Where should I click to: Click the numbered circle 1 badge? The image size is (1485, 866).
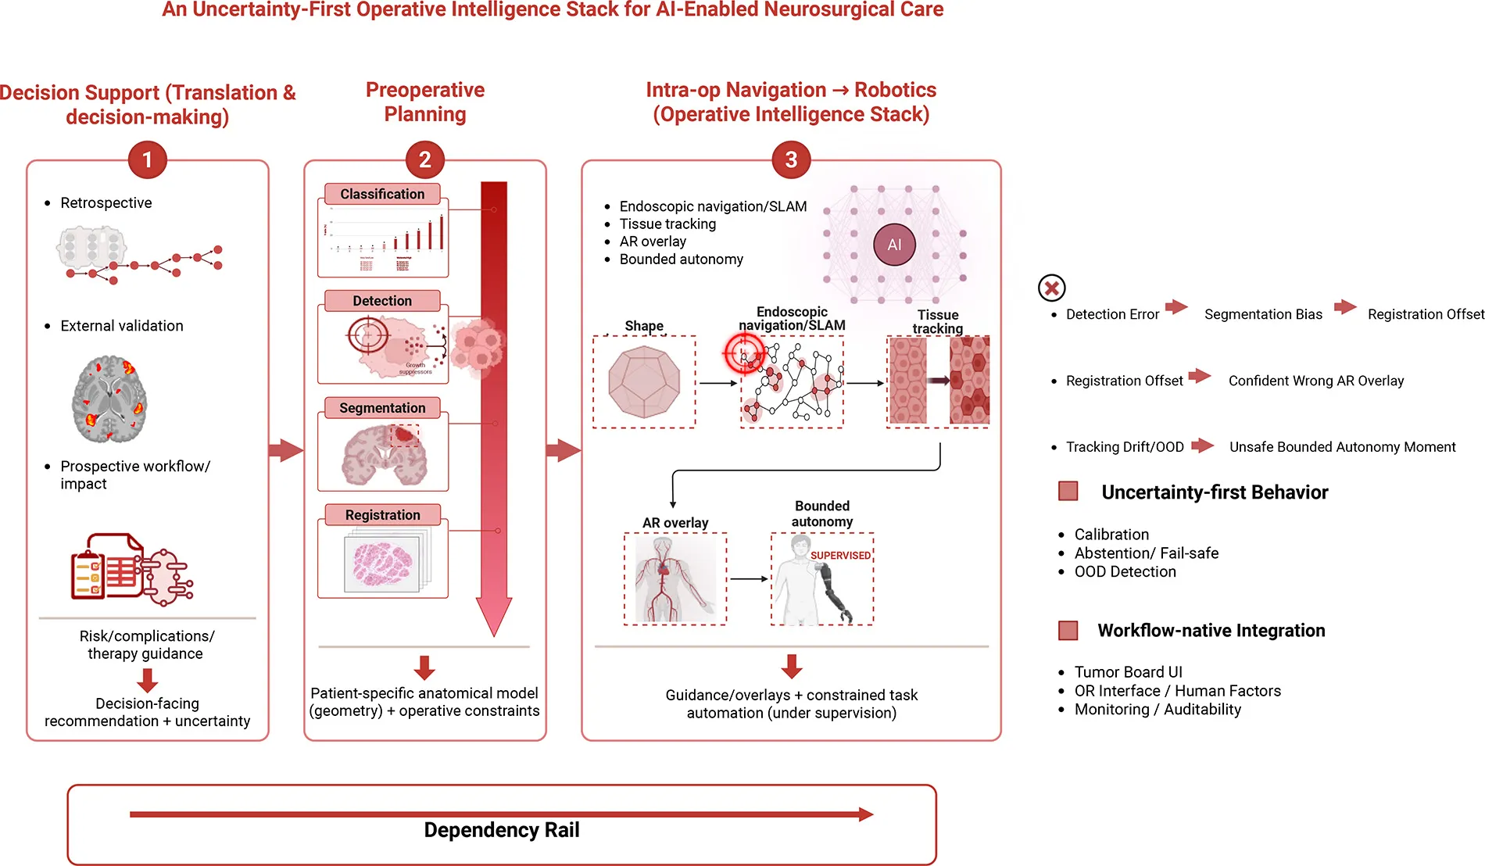(147, 159)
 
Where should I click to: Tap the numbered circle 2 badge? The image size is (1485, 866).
(424, 159)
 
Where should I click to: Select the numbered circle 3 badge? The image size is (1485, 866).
(791, 159)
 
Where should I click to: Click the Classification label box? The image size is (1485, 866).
(382, 194)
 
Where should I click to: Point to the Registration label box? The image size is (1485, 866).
(382, 515)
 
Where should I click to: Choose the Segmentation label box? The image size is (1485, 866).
(382, 408)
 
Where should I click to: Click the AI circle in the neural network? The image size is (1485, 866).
(894, 245)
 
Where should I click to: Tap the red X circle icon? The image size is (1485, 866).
(1052, 288)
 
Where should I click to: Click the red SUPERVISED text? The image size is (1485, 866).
(840, 556)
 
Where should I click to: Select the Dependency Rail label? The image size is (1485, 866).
(501, 830)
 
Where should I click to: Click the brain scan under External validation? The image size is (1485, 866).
(109, 399)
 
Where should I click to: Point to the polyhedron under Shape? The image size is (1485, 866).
(644, 382)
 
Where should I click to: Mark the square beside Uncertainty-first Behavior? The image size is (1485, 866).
(1068, 492)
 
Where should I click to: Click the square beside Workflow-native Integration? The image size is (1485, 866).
(1068, 631)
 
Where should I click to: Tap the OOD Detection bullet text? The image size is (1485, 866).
(1125, 572)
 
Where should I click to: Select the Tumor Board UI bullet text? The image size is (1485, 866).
(1128, 672)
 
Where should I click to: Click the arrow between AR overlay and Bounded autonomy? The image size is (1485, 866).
(748, 579)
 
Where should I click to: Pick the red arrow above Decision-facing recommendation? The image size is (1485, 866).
(147, 680)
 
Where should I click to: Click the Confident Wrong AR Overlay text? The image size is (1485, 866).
(1315, 381)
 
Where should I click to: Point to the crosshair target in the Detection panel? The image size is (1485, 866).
(367, 337)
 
